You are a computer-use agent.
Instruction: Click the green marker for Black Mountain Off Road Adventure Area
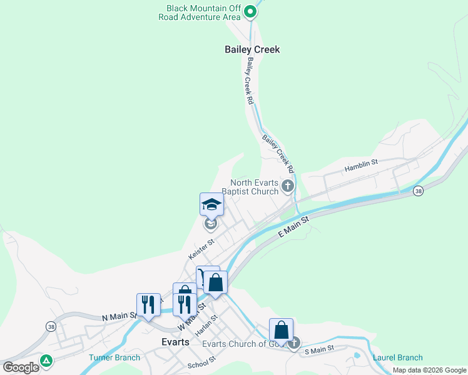coord(250,11)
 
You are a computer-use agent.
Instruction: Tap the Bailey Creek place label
coord(252,49)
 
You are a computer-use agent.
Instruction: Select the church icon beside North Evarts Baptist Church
coord(288,185)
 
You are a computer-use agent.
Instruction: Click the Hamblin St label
coord(362,166)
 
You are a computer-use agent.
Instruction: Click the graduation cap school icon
coord(211,204)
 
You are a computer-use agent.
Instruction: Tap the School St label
coord(201,362)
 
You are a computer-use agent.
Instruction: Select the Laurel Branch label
coord(397,357)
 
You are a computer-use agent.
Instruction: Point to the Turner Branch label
coord(114,357)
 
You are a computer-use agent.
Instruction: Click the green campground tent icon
coord(46,361)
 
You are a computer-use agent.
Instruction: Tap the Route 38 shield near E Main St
coord(418,191)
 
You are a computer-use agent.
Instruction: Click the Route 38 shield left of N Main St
coord(50,326)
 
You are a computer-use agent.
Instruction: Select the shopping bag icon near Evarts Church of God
coord(282,330)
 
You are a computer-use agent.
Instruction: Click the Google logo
coord(21,367)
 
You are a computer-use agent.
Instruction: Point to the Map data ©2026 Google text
coord(429,370)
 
